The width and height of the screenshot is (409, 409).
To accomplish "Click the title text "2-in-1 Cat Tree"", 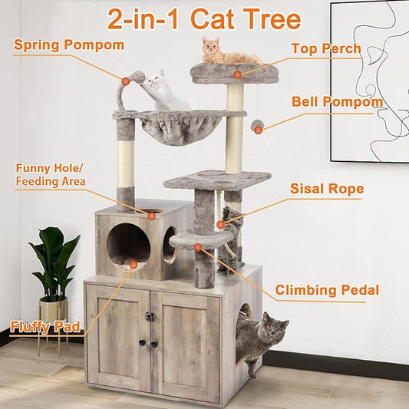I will click(204, 18).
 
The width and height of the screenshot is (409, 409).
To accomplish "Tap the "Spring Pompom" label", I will click(68, 45).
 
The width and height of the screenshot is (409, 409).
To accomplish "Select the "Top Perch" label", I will click(325, 49).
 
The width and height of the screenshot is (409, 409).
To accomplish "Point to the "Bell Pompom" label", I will click(337, 101).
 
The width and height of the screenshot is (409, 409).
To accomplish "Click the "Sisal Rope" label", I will click(327, 188).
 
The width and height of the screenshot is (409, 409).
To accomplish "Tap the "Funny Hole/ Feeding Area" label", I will click(51, 174).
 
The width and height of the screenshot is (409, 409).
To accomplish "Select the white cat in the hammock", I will click(163, 91).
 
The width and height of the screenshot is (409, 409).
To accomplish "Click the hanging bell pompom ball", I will click(257, 125).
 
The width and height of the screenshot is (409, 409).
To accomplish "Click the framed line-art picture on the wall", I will click(369, 81).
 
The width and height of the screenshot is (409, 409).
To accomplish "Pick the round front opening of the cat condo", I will click(128, 246).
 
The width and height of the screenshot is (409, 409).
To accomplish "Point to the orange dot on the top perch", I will click(238, 74).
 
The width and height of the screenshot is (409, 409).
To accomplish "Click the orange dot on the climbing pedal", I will click(198, 247).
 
